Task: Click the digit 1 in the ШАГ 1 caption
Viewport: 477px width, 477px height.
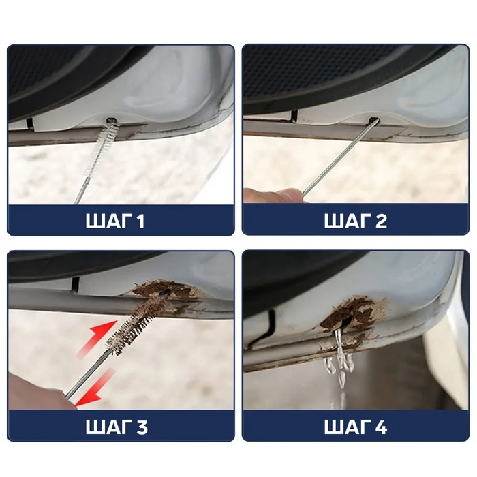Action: (140, 221)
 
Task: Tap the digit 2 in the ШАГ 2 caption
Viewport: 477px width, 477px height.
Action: (380, 221)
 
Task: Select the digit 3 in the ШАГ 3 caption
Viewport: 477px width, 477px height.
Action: (142, 427)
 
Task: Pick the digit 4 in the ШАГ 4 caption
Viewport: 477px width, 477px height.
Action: (380, 427)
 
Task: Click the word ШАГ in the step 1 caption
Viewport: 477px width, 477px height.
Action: (109, 221)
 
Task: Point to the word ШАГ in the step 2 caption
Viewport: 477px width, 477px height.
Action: (348, 221)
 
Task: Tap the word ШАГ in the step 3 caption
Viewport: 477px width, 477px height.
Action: (109, 427)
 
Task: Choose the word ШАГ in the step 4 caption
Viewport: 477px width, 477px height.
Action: (348, 427)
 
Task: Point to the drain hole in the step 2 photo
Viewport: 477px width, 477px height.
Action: (374, 121)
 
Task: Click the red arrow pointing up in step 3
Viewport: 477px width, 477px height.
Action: (97, 339)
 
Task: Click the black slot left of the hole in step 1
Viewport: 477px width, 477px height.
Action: (30, 123)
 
